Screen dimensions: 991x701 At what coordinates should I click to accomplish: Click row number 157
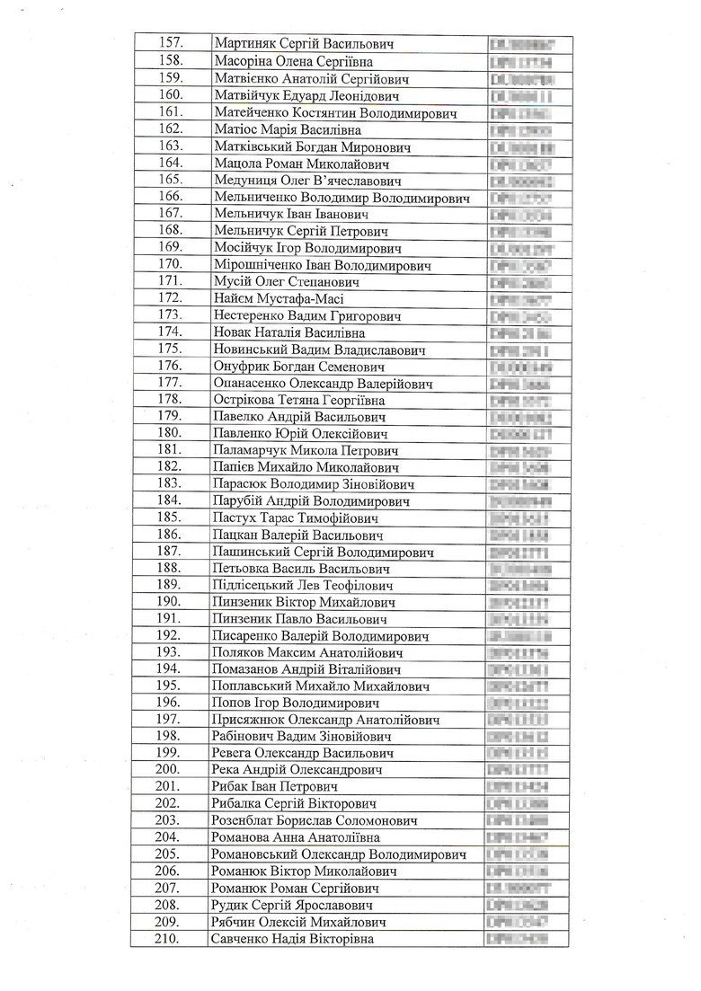[170, 43]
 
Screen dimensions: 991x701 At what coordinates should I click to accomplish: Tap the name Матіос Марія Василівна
[282, 129]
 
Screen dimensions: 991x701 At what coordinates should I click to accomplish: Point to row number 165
[170, 180]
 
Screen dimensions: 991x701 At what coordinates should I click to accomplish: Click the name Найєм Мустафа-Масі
[279, 298]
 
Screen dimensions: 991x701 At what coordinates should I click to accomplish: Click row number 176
[170, 366]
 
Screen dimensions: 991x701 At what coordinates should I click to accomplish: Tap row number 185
[170, 518]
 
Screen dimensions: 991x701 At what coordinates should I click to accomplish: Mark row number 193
[170, 652]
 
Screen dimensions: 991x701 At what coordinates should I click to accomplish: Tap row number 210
[170, 939]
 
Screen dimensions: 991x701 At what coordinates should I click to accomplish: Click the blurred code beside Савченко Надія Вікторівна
[518, 939]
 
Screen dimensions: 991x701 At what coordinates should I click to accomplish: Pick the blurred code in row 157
[521, 43]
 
